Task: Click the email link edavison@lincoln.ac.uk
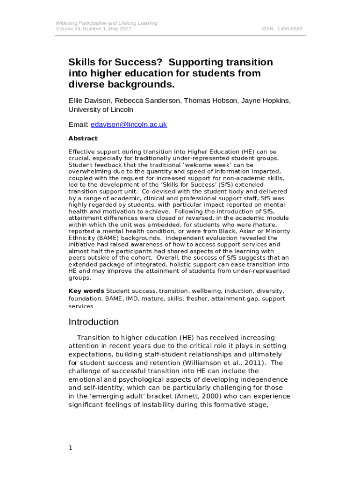pyautogui.click(x=129, y=124)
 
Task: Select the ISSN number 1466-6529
pyautogui.click(x=290, y=29)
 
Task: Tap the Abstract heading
pyautogui.click(x=83, y=138)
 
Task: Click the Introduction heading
pyautogui.click(x=94, y=322)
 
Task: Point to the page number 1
pyautogui.click(x=71, y=448)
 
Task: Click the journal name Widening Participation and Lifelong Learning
pyautogui.click(x=107, y=23)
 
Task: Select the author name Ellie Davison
pyautogui.click(x=90, y=101)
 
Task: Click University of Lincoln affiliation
pyautogui.click(x=101, y=110)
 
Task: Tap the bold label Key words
pyautogui.click(x=86, y=291)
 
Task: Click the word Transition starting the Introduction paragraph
pyautogui.click(x=98, y=337)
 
